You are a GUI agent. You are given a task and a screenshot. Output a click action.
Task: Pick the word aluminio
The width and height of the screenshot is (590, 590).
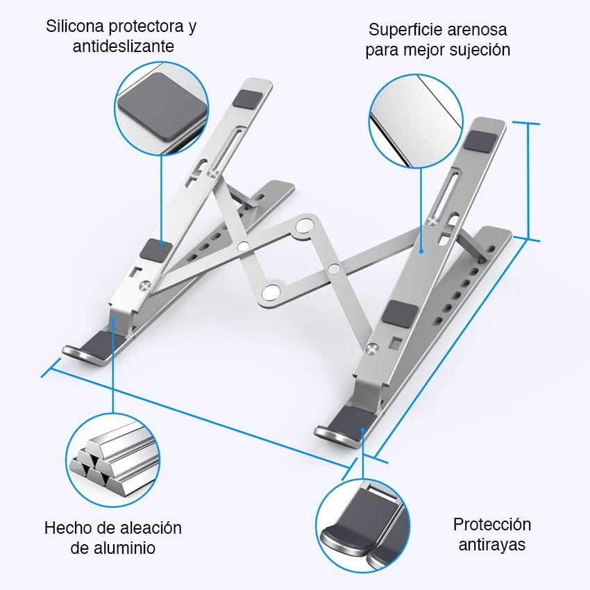(125, 548)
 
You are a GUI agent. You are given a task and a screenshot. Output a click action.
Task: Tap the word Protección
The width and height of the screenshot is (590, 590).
(492, 524)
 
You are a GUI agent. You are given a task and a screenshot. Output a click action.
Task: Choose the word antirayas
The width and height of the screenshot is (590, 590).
(492, 543)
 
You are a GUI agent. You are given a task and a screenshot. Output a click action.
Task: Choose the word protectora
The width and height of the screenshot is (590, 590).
(153, 27)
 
